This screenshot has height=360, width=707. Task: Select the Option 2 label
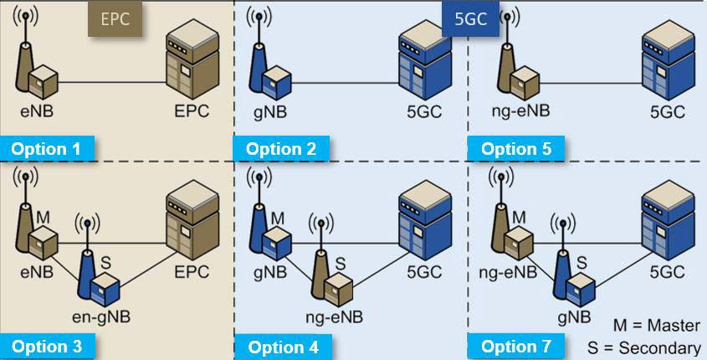tap(282, 149)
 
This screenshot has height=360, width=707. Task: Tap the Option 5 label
tap(517, 149)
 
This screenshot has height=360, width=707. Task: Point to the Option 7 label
tap(517, 346)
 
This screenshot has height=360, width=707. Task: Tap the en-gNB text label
tap(101, 317)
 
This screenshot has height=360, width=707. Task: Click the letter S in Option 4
tap(341, 265)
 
